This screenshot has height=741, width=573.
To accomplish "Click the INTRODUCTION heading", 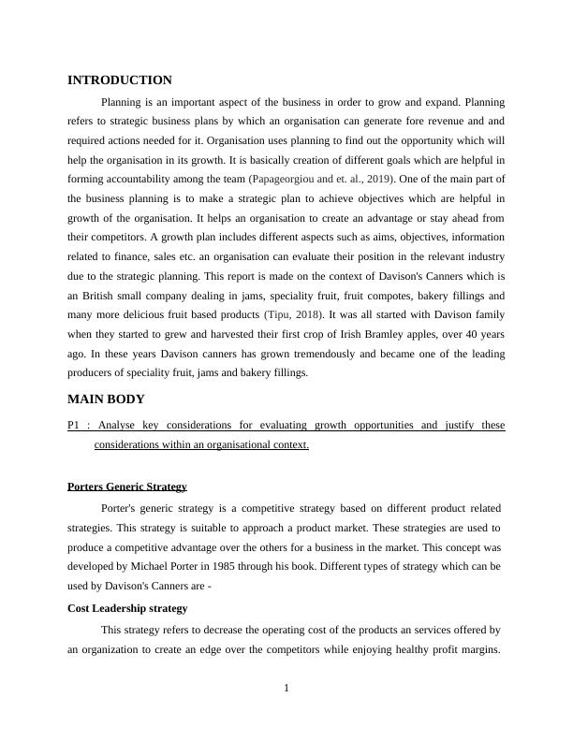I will coord(120,80).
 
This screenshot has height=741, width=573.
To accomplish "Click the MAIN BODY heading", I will coord(106,399).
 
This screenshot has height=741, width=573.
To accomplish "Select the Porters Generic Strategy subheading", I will coord(127,487).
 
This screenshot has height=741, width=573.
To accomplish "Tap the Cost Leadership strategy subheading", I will coord(127,608).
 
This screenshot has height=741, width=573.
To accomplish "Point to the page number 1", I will coord(286,690).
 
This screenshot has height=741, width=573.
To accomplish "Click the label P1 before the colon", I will coord(75,425).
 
